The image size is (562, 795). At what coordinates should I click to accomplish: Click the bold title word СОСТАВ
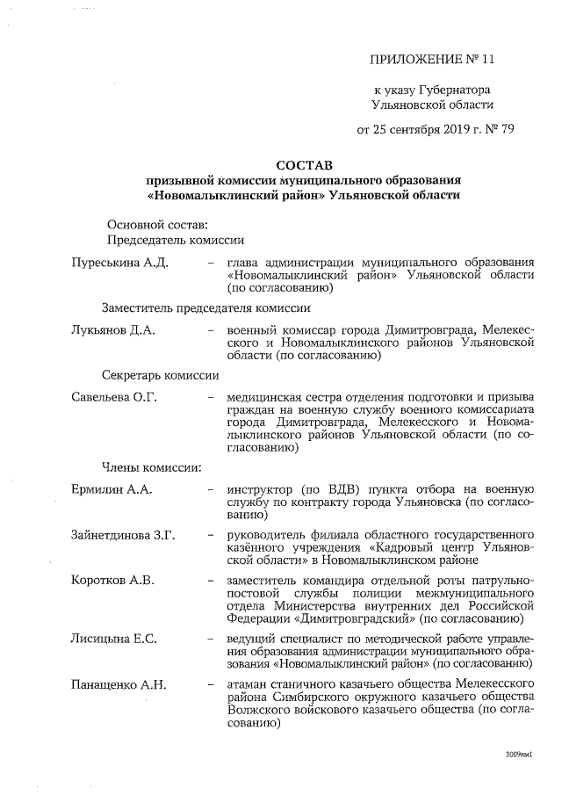tap(304, 164)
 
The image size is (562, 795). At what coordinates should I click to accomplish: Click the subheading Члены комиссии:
tap(152, 466)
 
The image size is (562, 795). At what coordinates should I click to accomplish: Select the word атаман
tap(249, 683)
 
